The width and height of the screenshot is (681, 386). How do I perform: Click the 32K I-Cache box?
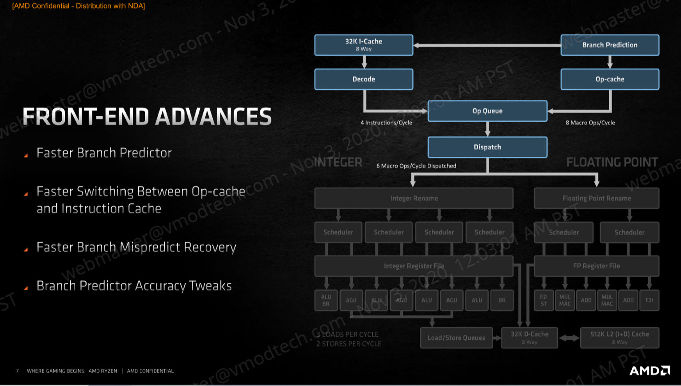pyautogui.click(x=364, y=45)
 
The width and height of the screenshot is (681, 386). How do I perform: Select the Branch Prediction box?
pyautogui.click(x=609, y=45)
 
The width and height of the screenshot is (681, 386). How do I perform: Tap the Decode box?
pyautogui.click(x=364, y=79)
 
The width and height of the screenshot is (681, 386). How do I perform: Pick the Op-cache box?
pyautogui.click(x=609, y=79)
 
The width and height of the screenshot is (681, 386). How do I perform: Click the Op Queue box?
pyautogui.click(x=487, y=111)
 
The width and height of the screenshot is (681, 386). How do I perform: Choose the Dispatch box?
pyautogui.click(x=487, y=147)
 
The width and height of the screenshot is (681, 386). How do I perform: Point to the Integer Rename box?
pyautogui.click(x=414, y=198)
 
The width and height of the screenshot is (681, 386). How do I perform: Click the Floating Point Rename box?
pyautogui.click(x=596, y=198)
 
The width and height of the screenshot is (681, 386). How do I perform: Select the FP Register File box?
pyautogui.click(x=596, y=266)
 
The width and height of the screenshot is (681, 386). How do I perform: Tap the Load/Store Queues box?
pyautogui.click(x=456, y=338)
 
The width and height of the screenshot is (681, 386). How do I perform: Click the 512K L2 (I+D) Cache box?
pyautogui.click(x=619, y=338)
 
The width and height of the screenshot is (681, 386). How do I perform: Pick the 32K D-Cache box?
pyautogui.click(x=529, y=338)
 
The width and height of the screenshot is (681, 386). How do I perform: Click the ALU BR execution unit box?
pyautogui.click(x=326, y=300)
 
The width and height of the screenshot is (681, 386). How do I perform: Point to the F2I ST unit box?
pyautogui.click(x=544, y=300)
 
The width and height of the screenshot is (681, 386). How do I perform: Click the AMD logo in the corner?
pyautogui.click(x=649, y=370)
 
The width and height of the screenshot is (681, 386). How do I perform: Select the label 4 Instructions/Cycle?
pyautogui.click(x=386, y=123)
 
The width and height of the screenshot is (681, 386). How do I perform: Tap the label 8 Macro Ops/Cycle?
pyautogui.click(x=590, y=123)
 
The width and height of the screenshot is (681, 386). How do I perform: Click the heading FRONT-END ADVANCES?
pyautogui.click(x=147, y=116)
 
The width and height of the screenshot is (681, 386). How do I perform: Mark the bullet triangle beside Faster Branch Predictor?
pyautogui.click(x=26, y=155)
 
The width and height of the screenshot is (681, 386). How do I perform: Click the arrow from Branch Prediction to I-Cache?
pyautogui.click(x=486, y=45)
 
